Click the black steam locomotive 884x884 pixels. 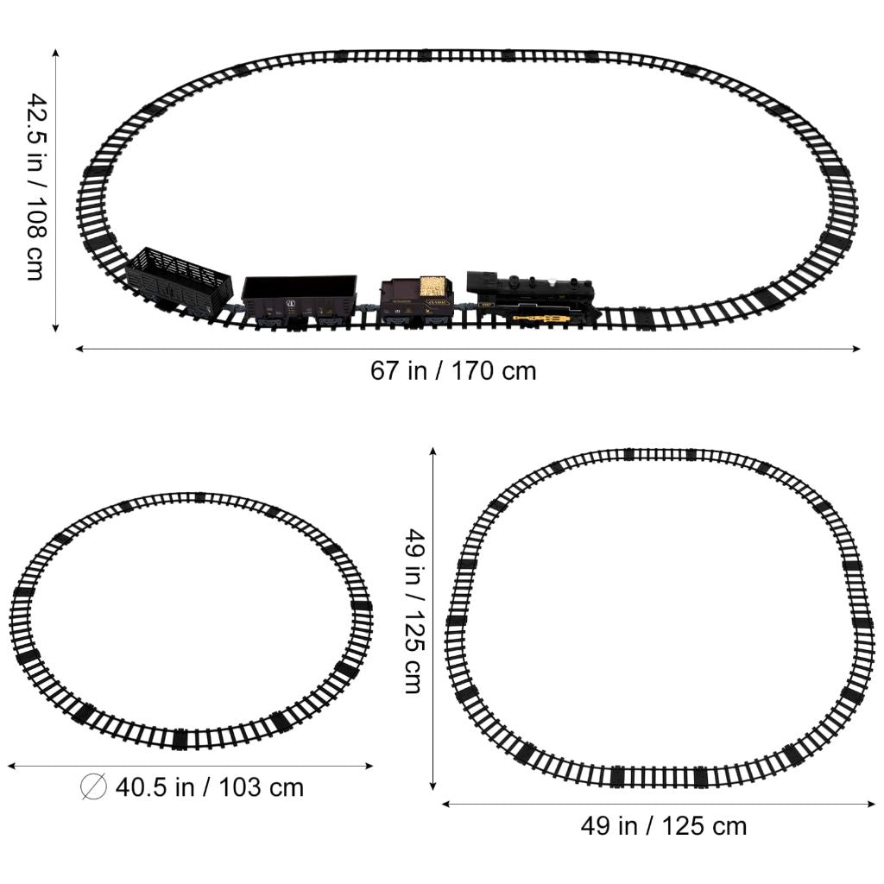[531, 300]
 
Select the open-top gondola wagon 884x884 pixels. [300, 300]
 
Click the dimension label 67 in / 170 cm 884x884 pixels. [453, 371]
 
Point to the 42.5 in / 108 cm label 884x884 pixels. [37, 186]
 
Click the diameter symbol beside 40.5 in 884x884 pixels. [93, 787]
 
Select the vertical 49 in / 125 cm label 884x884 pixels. [415, 610]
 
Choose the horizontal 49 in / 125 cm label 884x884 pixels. [664, 826]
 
